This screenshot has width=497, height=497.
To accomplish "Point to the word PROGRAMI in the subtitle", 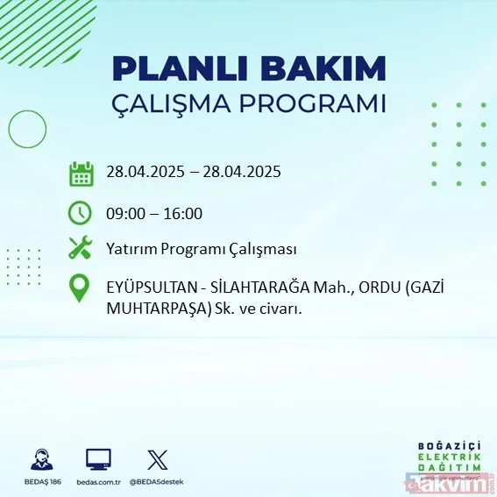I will click(316, 103).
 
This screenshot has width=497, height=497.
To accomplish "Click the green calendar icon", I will click(81, 174).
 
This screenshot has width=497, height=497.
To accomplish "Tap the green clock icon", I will click(81, 213).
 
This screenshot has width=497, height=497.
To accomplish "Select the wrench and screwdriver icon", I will click(81, 249).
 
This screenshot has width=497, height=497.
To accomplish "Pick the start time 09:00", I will click(127, 213).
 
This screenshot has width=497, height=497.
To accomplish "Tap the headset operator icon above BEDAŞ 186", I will click(39, 458).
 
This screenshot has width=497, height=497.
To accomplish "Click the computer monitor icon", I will click(98, 458).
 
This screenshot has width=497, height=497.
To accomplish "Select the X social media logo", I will click(157, 458).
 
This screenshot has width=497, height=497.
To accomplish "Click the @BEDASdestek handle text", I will click(157, 481).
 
